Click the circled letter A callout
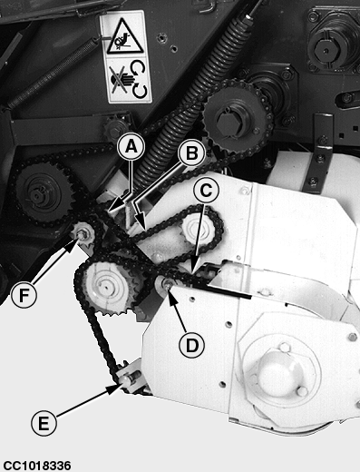131,147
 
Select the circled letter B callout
192,153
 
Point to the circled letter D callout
191,345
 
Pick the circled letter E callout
44,423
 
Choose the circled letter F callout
24,295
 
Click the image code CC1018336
37,466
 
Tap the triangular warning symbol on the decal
125,37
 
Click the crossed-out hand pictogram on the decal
119,79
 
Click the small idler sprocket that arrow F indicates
83,234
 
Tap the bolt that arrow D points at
167,283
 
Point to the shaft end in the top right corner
325,48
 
